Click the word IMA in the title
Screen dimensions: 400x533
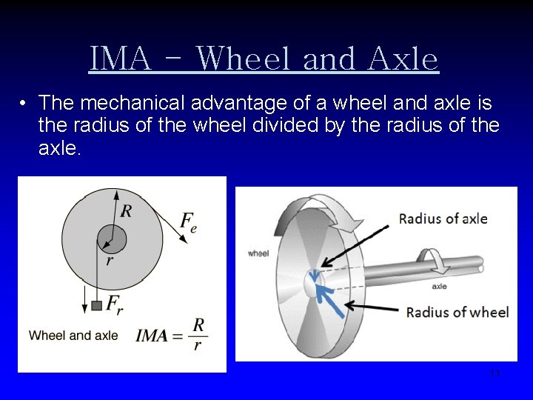click(x=120, y=59)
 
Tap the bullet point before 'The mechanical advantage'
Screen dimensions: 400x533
click(x=24, y=102)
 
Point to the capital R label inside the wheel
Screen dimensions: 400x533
click(x=127, y=212)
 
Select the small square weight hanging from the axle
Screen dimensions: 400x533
click(x=95, y=305)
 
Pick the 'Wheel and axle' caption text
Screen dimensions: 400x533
click(x=73, y=336)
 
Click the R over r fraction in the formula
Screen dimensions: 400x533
click(x=198, y=334)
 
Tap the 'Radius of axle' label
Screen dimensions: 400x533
click(x=443, y=219)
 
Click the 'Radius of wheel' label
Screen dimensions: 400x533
click(x=457, y=312)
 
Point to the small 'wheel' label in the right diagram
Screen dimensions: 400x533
click(x=258, y=253)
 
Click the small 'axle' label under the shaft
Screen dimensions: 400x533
click(x=438, y=286)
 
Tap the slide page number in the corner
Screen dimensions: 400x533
click(x=495, y=373)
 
